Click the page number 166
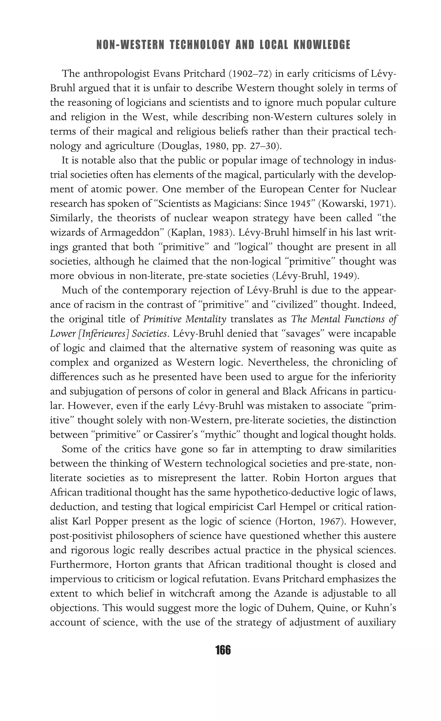[223, 650]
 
